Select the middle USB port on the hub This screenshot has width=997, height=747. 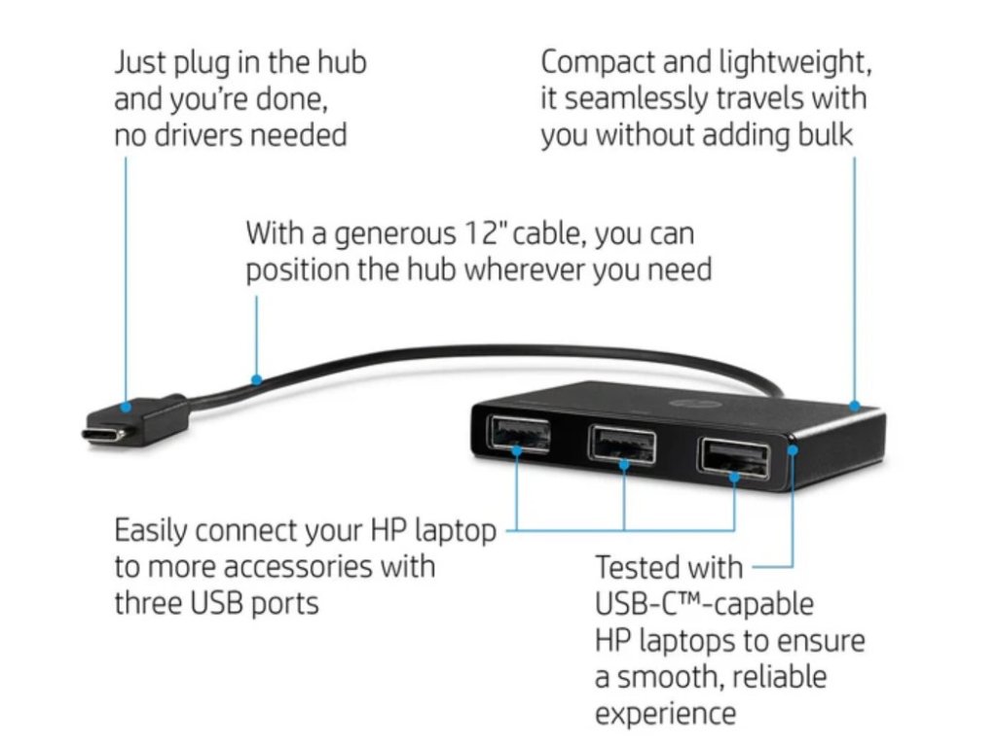tap(622, 444)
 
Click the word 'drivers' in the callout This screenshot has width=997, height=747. tap(198, 134)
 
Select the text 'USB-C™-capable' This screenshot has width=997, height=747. tap(703, 604)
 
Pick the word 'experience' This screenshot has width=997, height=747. tap(666, 713)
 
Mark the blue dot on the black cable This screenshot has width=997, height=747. tap(257, 379)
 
